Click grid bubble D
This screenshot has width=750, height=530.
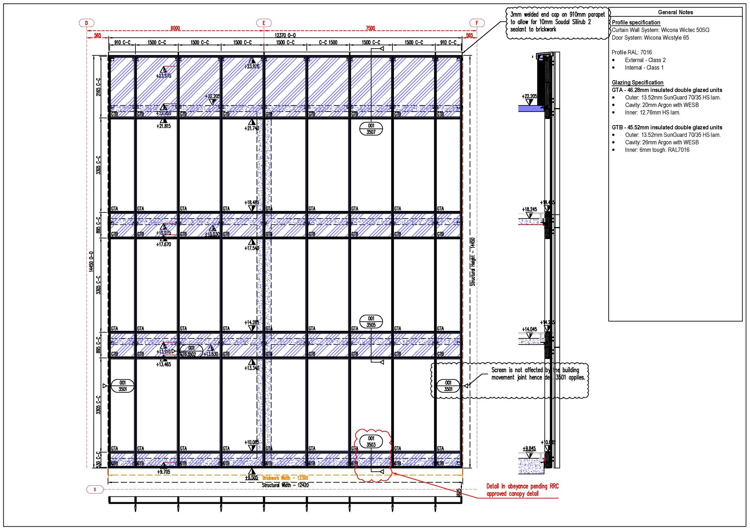87,23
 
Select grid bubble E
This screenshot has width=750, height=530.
264,23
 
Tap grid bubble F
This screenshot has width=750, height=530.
477,23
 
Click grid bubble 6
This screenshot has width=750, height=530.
95,490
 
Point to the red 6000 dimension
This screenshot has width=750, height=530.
175,28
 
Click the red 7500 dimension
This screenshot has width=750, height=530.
370,28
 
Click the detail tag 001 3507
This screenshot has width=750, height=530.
371,129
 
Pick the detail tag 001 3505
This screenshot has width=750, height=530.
371,322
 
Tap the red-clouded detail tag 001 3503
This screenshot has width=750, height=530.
371,442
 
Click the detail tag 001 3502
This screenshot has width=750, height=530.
191,351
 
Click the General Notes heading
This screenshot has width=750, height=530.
675,12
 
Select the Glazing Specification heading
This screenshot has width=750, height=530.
637,82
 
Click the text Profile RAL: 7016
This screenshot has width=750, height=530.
631,52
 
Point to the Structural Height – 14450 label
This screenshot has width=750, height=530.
473,262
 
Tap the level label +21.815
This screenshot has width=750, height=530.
163,126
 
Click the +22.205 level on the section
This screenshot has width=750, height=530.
529,96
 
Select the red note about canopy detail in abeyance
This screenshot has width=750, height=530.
522,490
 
